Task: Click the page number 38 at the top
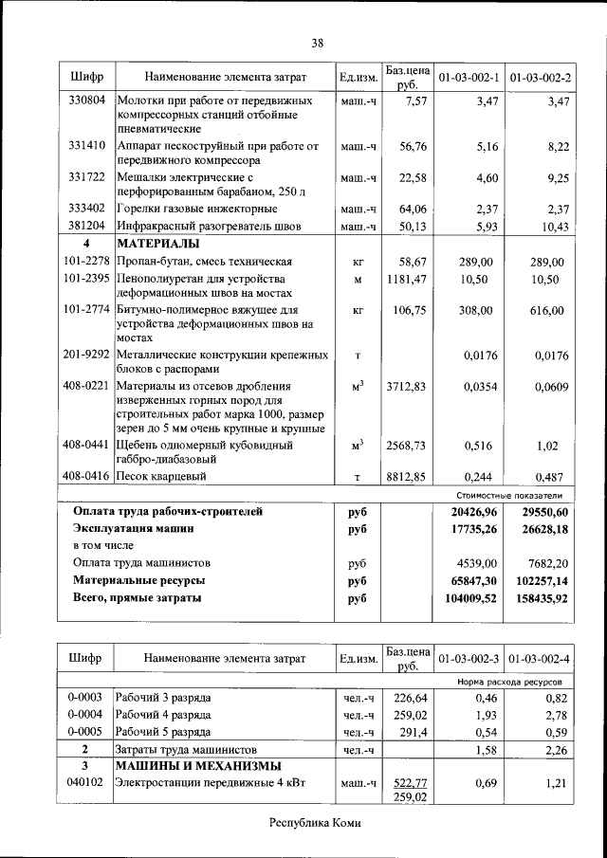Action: tap(317, 43)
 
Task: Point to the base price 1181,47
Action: tap(407, 280)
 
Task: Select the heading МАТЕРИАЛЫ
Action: tap(157, 244)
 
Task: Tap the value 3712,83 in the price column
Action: tap(407, 386)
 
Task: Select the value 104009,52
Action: tap(465, 599)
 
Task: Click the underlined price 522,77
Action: tap(409, 783)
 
